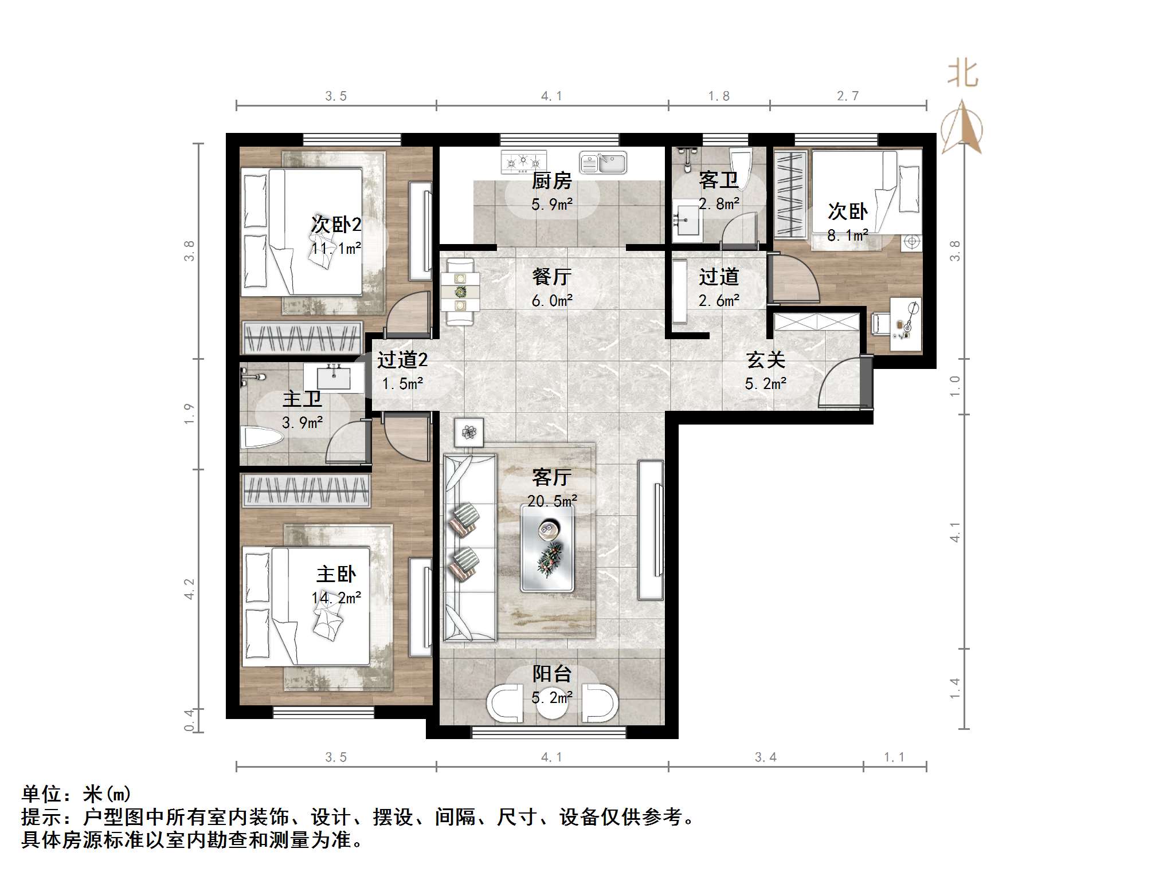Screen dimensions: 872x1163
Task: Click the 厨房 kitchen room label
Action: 551,181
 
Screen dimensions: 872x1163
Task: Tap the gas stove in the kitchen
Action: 523,162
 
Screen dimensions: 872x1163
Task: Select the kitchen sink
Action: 603,163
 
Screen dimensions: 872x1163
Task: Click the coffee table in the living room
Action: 547,548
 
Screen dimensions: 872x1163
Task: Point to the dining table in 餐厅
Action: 460,292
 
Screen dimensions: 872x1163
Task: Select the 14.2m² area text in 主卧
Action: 336,598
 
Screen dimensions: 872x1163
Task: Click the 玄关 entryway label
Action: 765,360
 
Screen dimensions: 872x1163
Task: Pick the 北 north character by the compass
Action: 962,75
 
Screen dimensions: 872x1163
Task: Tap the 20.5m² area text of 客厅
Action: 552,501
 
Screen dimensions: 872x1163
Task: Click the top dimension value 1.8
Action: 719,96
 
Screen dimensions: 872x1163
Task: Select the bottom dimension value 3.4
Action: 765,757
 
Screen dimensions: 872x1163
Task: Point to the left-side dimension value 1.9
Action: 189,414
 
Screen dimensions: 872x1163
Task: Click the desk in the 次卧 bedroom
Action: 905,323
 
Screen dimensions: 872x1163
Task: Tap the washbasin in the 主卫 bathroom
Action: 333,378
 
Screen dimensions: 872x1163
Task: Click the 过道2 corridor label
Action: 402,360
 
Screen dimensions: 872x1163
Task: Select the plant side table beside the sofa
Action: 469,433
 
